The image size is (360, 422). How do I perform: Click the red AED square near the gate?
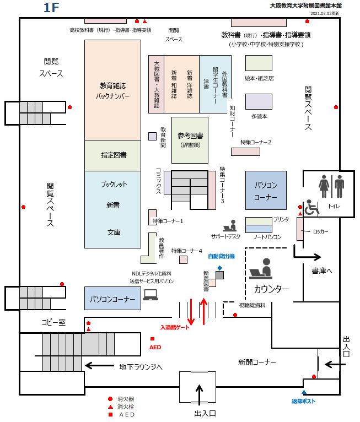pos(153,338)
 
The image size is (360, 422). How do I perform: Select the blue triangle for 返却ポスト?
pos(304,392)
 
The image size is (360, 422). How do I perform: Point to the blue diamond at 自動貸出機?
pos(219,268)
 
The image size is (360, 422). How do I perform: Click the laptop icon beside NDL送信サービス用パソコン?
pos(151,295)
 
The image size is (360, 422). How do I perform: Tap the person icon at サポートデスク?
pos(230,225)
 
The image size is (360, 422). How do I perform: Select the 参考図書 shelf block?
pos(190,140)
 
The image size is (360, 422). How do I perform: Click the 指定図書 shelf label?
pos(113,155)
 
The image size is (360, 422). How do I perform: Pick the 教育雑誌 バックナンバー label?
pos(112,90)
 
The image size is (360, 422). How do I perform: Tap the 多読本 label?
pos(259,116)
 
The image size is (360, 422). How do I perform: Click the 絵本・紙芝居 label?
pos(259,78)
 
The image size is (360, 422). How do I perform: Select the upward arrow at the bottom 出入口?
pos(200,393)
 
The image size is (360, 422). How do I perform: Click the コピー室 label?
pos(53,322)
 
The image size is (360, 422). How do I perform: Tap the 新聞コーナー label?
pos(257,362)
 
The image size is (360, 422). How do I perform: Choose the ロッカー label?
pos(320,232)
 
